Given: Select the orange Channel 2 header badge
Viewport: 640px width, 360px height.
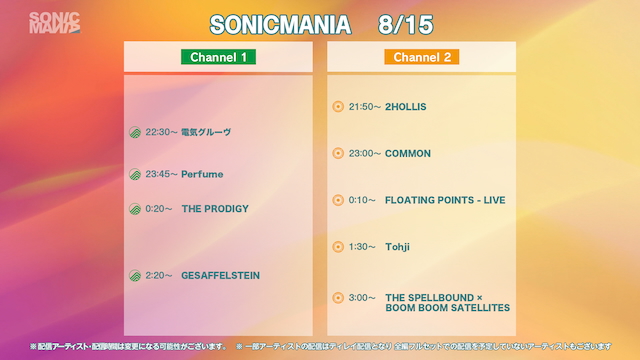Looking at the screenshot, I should click(x=421, y=57).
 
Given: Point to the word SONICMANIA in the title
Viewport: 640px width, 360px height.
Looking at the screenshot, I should click(x=281, y=22).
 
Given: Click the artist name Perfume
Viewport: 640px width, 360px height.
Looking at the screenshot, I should click(x=202, y=174).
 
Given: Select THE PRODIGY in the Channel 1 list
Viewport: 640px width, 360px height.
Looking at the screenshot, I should click(x=214, y=209).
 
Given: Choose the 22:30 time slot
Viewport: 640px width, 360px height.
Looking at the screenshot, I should click(x=160, y=132).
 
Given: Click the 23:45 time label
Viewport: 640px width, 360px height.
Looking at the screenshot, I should click(x=160, y=174).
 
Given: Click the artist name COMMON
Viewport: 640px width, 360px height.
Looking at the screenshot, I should click(x=408, y=153).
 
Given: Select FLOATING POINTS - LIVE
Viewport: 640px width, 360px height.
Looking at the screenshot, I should click(x=445, y=200).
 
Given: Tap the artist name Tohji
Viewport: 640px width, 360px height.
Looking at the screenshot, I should click(x=398, y=246).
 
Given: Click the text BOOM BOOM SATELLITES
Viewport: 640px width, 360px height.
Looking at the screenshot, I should click(x=447, y=308).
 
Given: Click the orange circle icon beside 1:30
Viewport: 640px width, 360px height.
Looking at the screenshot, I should click(x=338, y=246).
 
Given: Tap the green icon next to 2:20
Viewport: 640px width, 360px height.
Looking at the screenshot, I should click(x=135, y=275).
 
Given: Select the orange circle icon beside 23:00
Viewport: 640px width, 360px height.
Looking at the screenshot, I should click(x=338, y=153).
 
